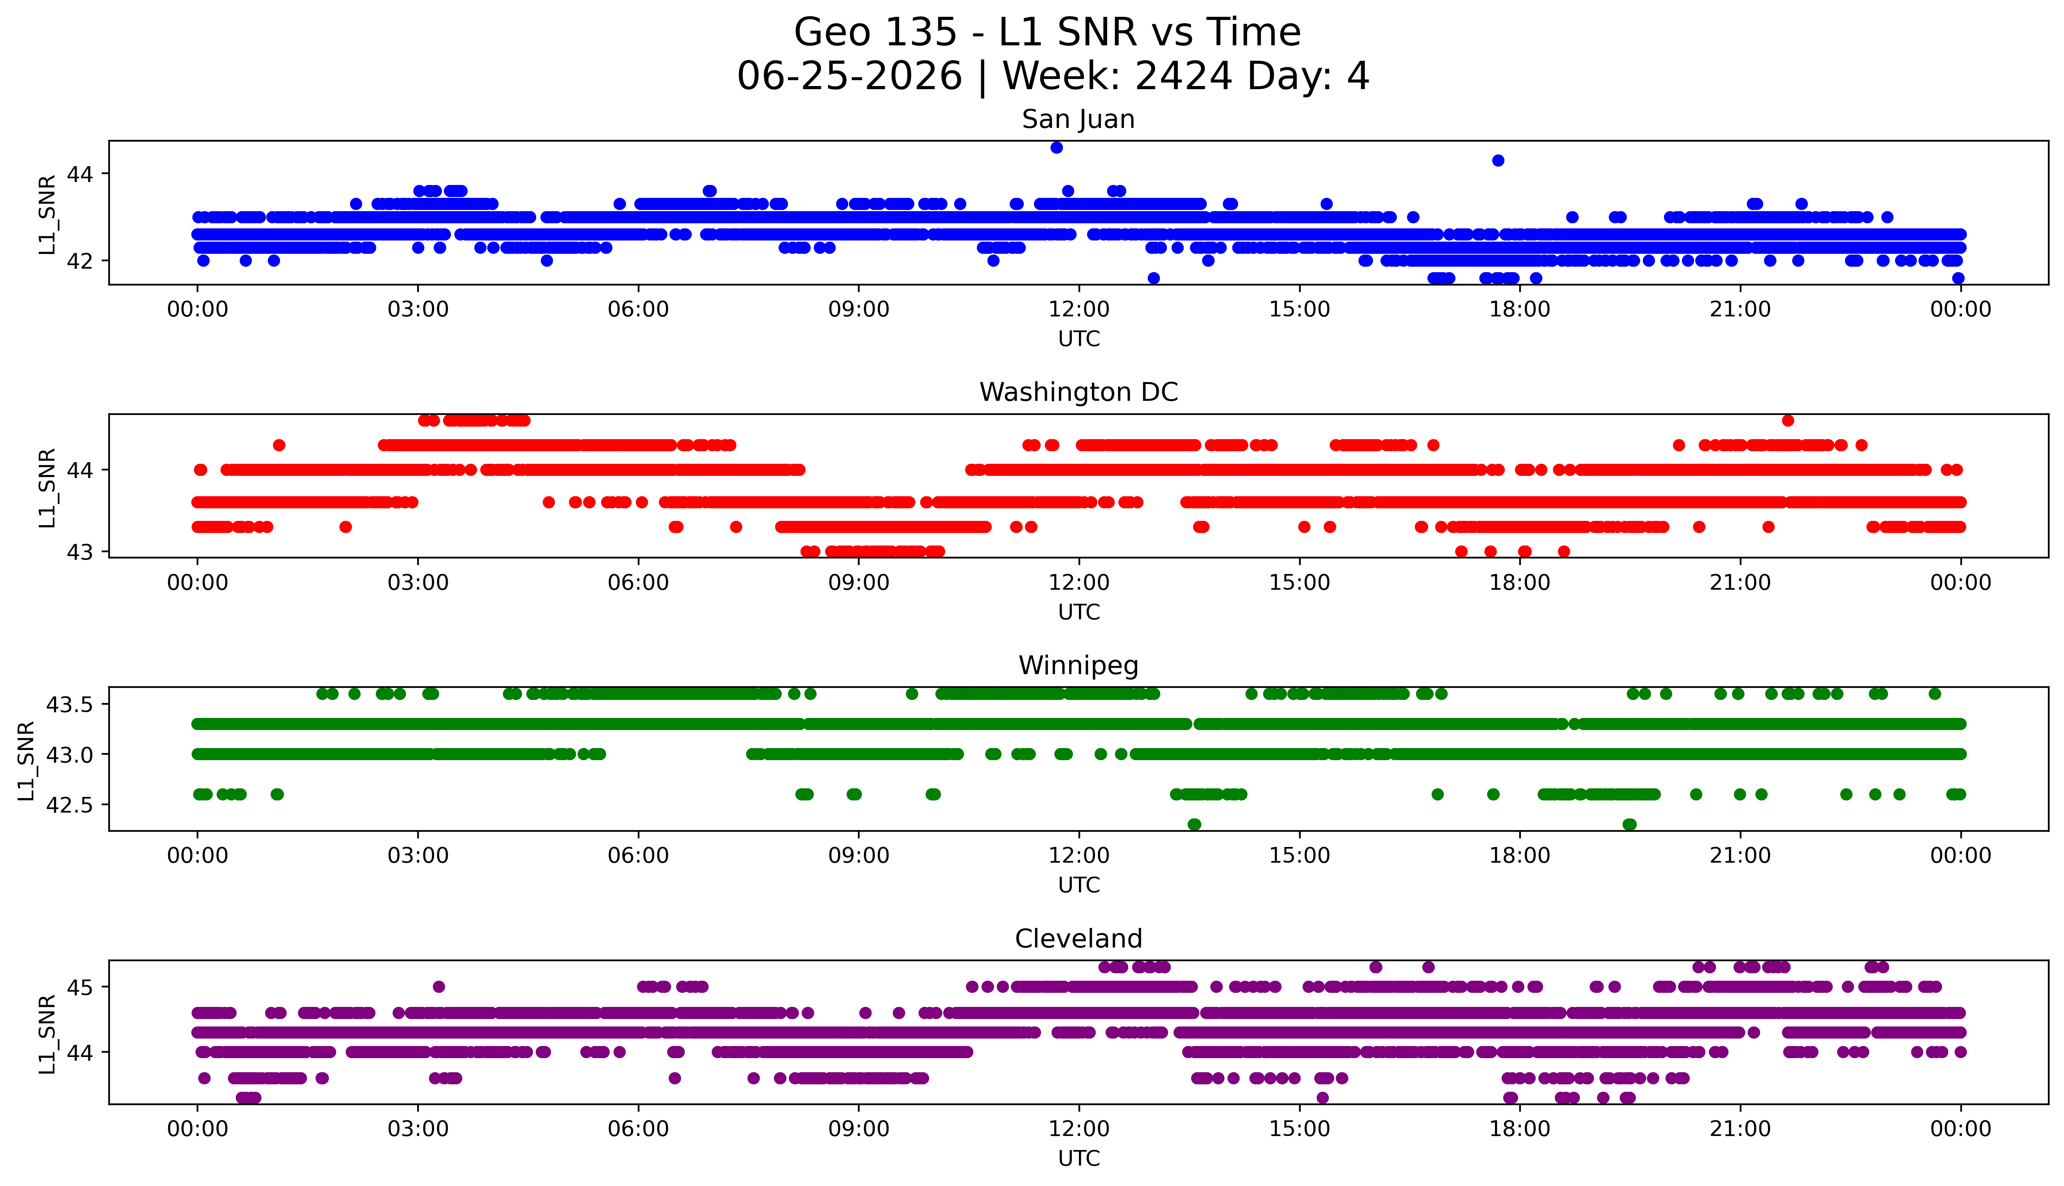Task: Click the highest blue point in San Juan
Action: click(1056, 147)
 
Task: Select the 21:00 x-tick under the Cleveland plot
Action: click(1740, 1129)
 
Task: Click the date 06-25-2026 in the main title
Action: click(849, 77)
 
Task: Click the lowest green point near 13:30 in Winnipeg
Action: click(1194, 824)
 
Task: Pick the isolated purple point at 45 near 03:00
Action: click(439, 987)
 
